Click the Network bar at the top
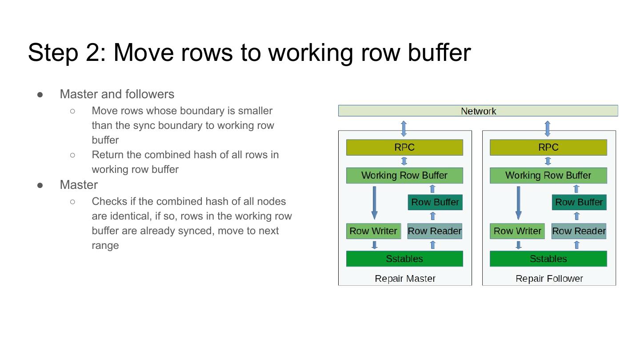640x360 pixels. pos(478,111)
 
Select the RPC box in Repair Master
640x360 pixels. pos(404,148)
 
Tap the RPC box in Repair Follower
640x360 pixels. pos(548,148)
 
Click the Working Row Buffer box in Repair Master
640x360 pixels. pos(404,176)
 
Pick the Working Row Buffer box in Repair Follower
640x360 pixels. pos(548,176)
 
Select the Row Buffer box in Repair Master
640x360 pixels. pos(435,202)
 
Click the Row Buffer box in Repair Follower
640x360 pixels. pos(579,202)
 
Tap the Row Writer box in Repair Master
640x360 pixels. pos(373,231)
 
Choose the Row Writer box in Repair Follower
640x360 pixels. pos(517,231)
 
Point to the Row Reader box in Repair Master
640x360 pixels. pos(435,231)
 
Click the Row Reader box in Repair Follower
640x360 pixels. pos(579,231)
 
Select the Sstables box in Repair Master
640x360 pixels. pos(404,259)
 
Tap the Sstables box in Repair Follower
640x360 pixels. pos(548,259)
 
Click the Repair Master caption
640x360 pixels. pos(405,279)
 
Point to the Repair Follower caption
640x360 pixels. pos(549,279)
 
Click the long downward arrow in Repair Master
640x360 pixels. pos(374,202)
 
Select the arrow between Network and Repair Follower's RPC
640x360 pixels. pos(548,128)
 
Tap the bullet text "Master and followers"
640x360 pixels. pos(117,94)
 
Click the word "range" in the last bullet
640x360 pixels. pos(105,245)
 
